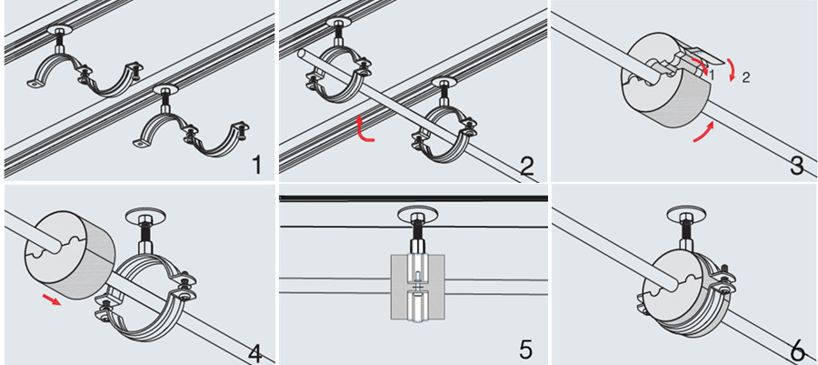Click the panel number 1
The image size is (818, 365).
tap(255, 165)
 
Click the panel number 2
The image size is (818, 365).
tap(527, 166)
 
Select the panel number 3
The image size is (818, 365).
tap(797, 166)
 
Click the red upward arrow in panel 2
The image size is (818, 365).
tap(364, 129)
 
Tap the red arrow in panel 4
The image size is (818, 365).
tap(52, 299)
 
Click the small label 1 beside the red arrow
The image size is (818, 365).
tap(712, 76)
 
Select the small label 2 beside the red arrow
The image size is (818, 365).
tap(745, 79)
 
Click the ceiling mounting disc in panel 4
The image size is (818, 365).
tap(145, 215)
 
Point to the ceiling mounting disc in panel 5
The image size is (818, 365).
tap(417, 213)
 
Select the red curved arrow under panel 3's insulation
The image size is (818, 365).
tap(703, 132)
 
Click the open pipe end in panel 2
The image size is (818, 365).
tap(302, 55)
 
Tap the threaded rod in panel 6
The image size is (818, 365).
tap(688, 232)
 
